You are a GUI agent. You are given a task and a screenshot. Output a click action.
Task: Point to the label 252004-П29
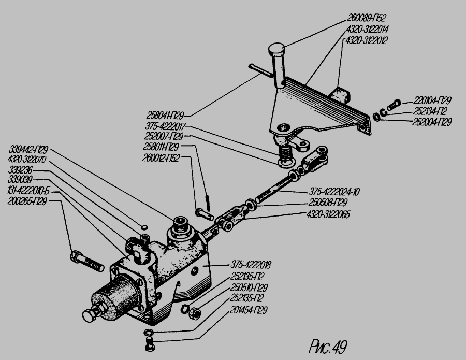(x=432, y=122)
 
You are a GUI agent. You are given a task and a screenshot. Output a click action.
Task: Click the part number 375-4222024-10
(x=334, y=191)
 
